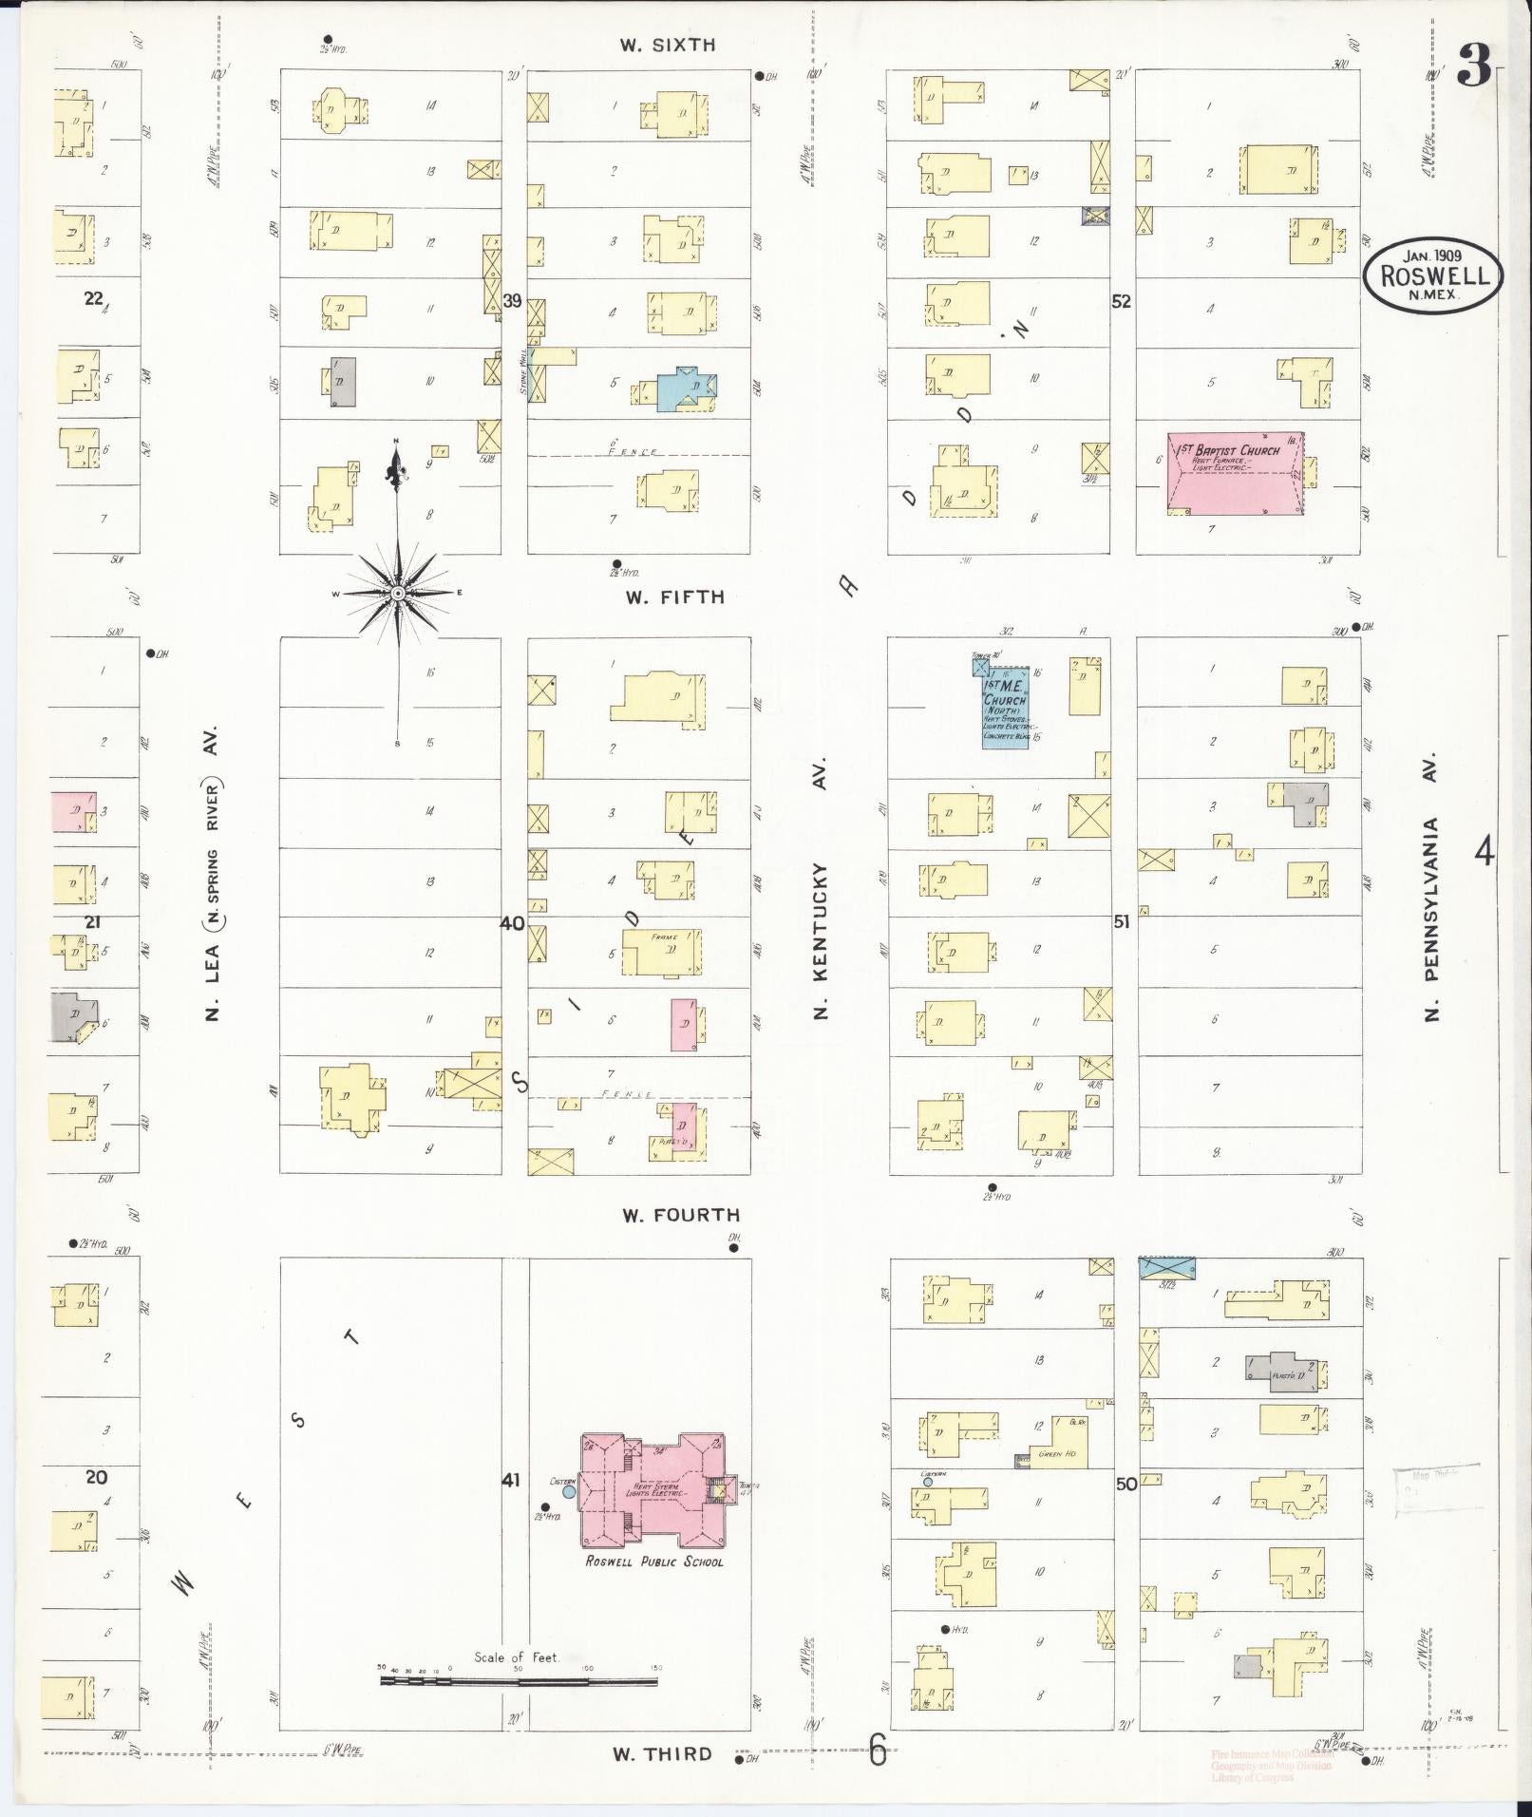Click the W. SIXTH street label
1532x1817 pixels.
tap(667, 45)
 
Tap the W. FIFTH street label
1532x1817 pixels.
tap(674, 597)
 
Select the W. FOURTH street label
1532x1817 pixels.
tap(680, 1215)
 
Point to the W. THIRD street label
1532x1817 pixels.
tap(662, 1754)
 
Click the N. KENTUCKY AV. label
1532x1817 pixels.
tap(823, 889)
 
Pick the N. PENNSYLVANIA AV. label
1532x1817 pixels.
tap(1431, 887)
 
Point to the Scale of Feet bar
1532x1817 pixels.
tap(518, 1681)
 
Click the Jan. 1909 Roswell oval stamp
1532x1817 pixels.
tap(1433, 274)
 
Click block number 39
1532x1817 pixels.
tap(513, 301)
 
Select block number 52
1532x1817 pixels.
tap(1122, 301)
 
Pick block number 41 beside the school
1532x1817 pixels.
tap(511, 1480)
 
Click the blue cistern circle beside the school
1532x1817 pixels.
tap(569, 1492)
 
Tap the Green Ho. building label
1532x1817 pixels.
tap(1050, 1454)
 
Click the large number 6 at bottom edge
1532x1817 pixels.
tap(878, 1751)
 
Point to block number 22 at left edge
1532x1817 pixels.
tap(93, 298)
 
